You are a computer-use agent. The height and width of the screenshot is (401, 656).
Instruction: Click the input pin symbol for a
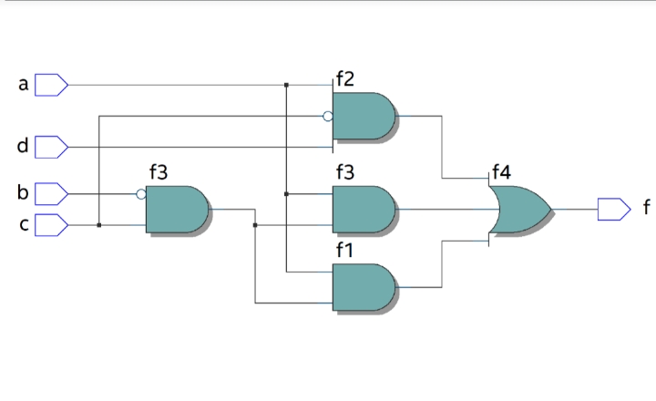(x=51, y=85)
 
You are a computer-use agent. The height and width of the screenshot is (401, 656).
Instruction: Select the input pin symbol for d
(x=51, y=146)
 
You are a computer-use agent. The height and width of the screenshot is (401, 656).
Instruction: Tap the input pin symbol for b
(x=51, y=193)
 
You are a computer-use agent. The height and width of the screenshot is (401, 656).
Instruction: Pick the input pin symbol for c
(x=51, y=223)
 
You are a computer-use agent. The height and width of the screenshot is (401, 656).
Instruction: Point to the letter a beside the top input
(x=23, y=85)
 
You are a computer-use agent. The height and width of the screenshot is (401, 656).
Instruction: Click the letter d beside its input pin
(x=23, y=146)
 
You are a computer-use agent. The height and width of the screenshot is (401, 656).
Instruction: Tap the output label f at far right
(x=646, y=209)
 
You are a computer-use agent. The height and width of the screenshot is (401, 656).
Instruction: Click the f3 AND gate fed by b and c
(x=177, y=209)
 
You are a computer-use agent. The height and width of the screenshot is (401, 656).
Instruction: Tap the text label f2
(x=345, y=79)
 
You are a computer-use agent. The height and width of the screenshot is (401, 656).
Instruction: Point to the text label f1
(x=345, y=249)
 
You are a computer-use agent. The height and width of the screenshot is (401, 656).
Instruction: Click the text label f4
(x=501, y=171)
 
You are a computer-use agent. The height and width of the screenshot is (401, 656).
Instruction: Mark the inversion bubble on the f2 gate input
(x=328, y=116)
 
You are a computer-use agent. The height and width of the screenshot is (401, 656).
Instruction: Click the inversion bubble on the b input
(x=140, y=193)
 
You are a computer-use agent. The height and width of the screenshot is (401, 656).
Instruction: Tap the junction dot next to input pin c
(x=98, y=224)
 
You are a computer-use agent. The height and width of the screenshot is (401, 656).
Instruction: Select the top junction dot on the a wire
(x=286, y=85)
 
